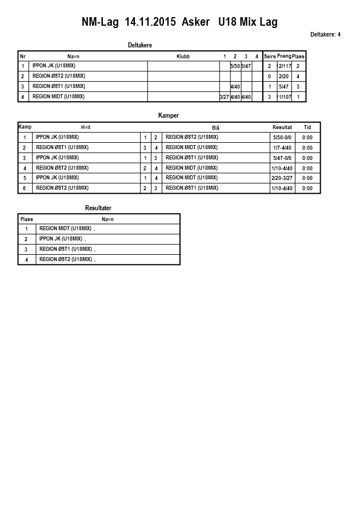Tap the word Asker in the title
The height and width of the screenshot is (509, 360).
point(196,22)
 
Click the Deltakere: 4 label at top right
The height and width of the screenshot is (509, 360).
point(325,35)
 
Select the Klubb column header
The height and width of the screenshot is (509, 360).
point(183,57)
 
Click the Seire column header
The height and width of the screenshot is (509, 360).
point(270,57)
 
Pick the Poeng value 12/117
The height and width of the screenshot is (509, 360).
point(284,66)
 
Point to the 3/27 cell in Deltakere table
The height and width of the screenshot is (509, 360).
point(224,97)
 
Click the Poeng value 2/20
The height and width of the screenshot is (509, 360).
point(284,76)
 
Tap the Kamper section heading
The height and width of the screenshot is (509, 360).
point(169,116)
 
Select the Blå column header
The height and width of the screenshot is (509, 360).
point(215,128)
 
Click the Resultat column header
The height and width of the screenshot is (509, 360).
point(282,127)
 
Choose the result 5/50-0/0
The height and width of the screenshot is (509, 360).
point(282,138)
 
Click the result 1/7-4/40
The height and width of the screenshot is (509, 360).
point(282,148)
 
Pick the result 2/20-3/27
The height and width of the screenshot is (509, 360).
point(282,178)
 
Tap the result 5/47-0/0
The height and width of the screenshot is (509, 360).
point(282,158)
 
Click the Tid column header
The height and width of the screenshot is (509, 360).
point(307,127)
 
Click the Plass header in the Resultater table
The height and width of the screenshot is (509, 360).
point(27,219)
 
